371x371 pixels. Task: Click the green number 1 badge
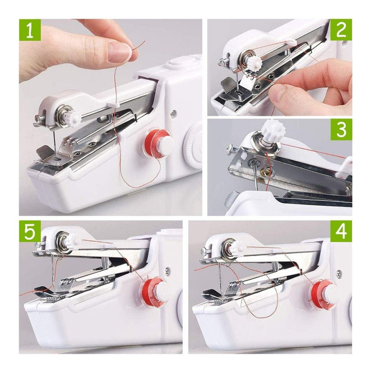coord(30,30)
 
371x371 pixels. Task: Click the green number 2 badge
coord(341,30)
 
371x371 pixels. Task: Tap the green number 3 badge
coord(341,129)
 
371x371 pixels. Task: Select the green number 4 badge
coord(341,231)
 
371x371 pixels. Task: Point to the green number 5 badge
coord(30,231)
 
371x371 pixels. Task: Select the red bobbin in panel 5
coord(154,291)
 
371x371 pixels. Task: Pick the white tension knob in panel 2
coord(255,62)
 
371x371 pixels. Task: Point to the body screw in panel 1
coord(174,113)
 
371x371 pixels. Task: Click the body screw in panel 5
coord(167,269)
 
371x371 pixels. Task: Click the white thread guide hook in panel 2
coord(291,43)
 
